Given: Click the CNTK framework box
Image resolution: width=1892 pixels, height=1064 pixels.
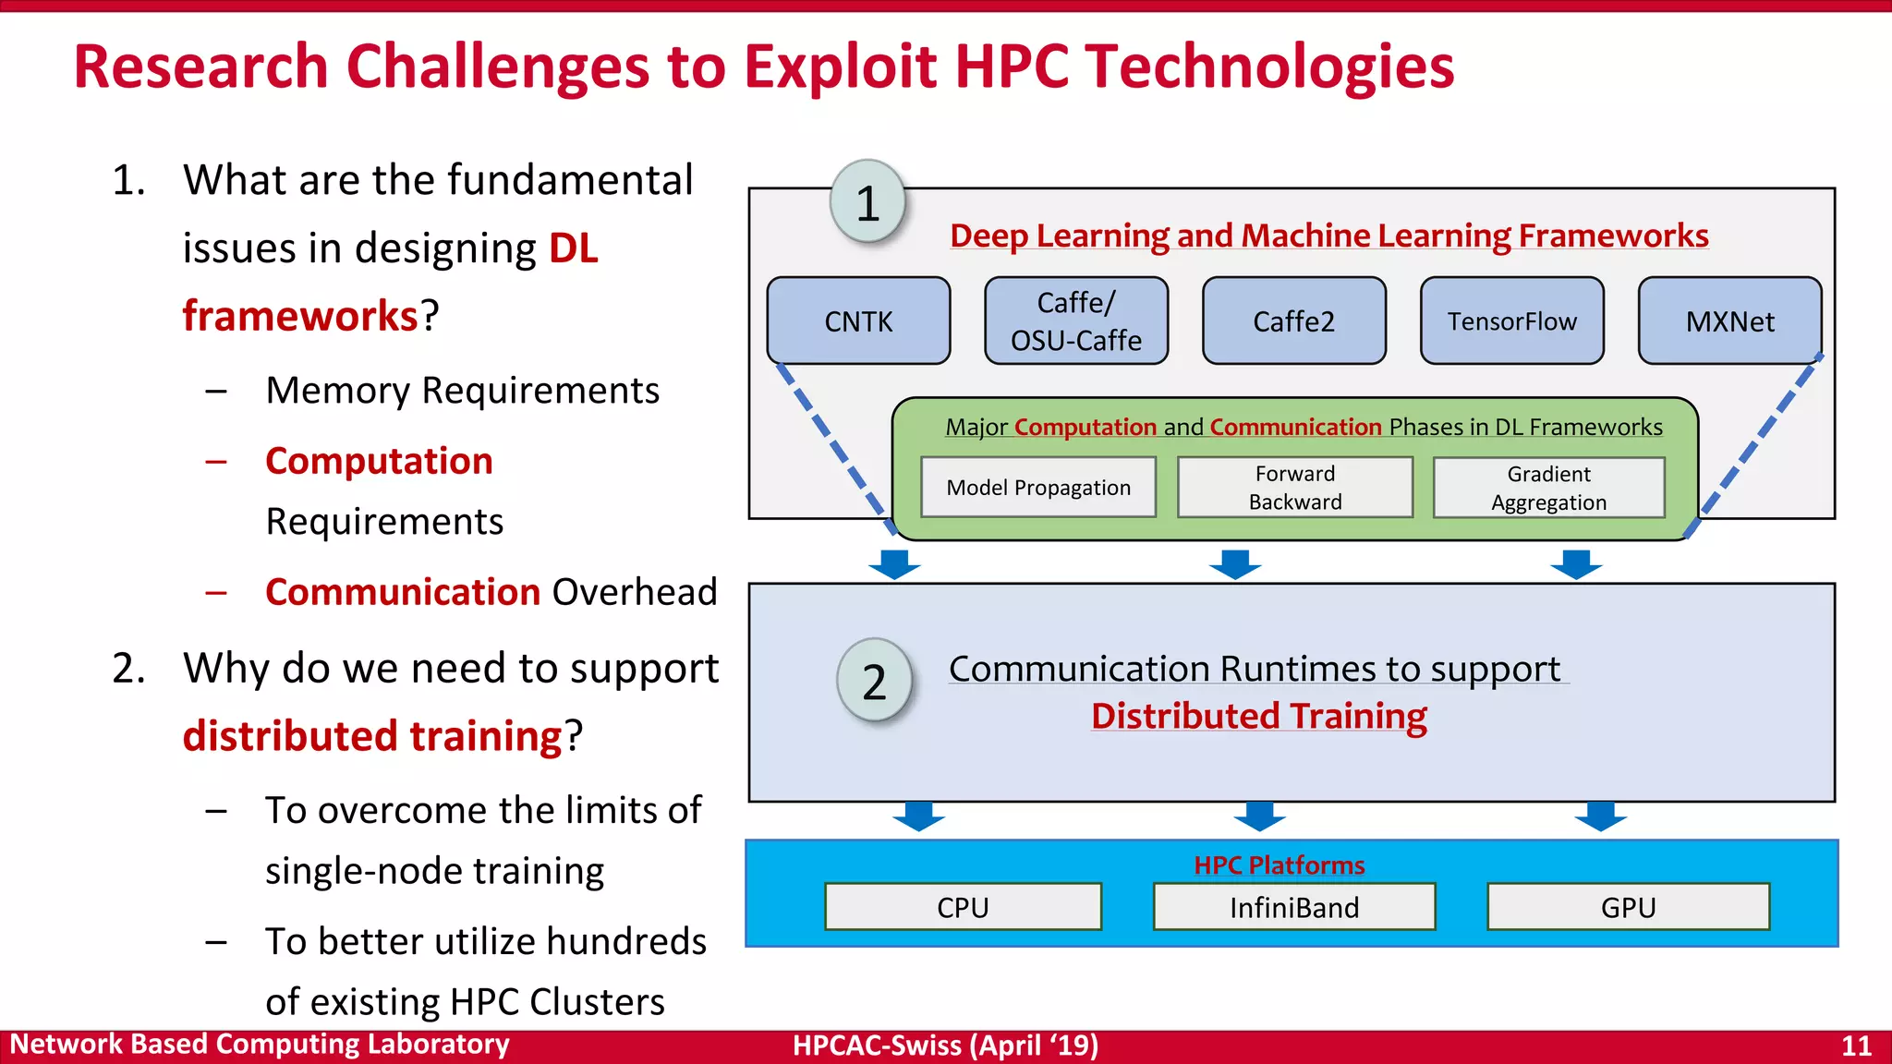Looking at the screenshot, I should (858, 320).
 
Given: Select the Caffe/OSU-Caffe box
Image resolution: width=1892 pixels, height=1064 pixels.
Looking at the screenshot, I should (1076, 320).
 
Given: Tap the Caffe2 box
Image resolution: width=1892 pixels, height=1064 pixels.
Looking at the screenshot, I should (1293, 320).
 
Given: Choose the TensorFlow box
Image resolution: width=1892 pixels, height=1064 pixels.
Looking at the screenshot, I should (1511, 320).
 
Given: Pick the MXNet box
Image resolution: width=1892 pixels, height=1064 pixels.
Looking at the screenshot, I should (1729, 320).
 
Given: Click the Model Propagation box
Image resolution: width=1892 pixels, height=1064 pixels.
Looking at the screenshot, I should (1038, 487).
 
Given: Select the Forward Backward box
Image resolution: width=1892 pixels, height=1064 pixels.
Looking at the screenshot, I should (1294, 487).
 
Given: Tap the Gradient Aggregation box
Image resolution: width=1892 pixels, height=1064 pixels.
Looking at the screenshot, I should (1548, 487).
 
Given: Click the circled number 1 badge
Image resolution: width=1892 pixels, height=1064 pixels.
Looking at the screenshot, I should (867, 202).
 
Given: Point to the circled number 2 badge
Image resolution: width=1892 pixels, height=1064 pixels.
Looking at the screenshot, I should (874, 681).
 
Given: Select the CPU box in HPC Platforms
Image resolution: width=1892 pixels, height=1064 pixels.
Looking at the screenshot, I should (963, 907).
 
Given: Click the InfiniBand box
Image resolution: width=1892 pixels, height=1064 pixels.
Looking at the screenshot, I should (1293, 907).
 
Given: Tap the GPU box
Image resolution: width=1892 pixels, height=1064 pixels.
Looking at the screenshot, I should (1628, 907).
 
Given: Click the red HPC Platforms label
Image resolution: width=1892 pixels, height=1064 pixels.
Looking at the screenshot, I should (1279, 864).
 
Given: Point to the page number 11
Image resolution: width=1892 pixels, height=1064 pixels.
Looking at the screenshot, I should (1856, 1046).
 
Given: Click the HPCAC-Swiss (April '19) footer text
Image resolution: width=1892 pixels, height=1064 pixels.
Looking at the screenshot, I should (945, 1046).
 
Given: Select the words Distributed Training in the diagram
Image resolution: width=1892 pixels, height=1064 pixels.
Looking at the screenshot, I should (1258, 716).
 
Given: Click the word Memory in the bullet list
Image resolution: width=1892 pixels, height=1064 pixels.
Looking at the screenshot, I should (337, 391).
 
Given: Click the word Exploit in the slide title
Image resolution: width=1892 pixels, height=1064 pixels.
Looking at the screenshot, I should (840, 66).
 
